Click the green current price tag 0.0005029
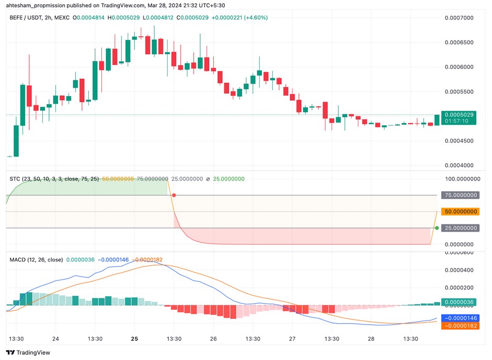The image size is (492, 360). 460,114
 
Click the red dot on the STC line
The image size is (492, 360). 174,195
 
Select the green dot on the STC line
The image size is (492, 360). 437,228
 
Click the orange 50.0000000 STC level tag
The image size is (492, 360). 460,212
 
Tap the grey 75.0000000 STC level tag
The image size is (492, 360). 460,195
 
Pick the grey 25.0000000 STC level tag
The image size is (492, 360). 460,228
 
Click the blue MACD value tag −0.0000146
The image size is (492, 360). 460,317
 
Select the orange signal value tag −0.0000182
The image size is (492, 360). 460,326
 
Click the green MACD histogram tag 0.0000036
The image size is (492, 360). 460,302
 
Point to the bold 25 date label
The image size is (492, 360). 134,339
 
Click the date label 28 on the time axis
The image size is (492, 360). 371,339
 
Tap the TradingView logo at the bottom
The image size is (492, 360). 28,352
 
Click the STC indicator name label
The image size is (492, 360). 15,179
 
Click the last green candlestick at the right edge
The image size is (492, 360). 437,120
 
